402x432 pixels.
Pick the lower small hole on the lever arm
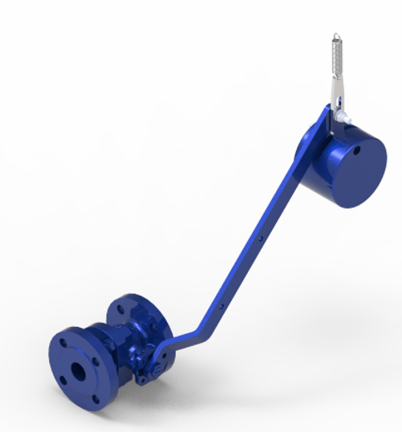pyautogui.click(x=220, y=306)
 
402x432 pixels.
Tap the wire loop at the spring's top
pyautogui.click(x=334, y=36)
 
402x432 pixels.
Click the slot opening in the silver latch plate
pyautogui.click(x=337, y=98)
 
